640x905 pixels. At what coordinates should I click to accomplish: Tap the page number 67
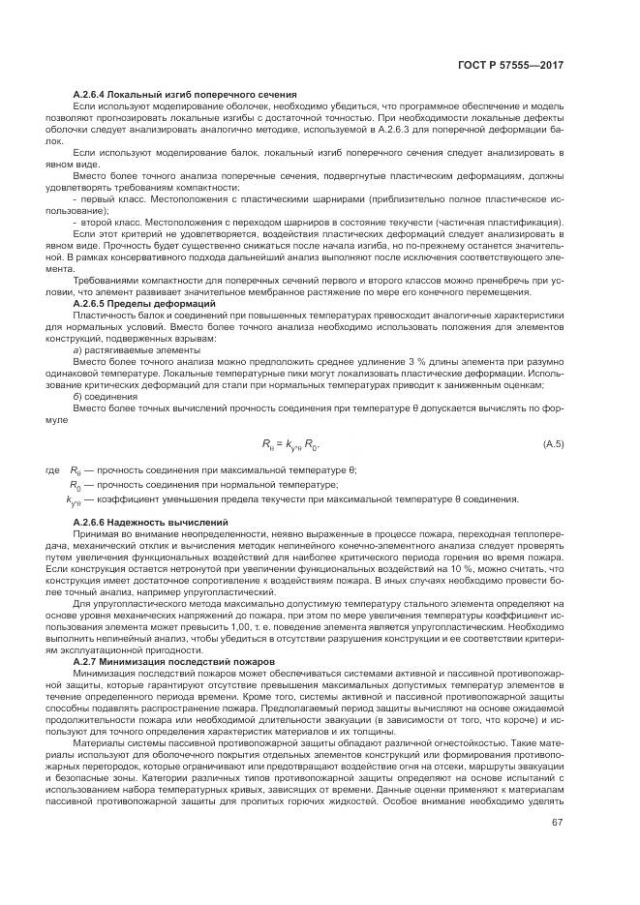click(558, 823)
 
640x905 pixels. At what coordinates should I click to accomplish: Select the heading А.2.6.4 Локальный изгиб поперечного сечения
click(184, 94)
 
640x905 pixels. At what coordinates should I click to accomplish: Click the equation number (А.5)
click(553, 444)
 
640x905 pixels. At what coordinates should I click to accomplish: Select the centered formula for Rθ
click(290, 445)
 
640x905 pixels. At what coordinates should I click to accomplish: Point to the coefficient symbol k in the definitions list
click(72, 499)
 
